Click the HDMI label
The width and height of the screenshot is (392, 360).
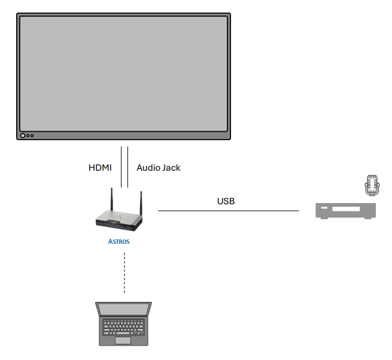(x=100, y=168)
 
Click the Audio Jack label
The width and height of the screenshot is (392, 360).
(x=158, y=168)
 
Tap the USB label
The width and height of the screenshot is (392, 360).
(x=226, y=201)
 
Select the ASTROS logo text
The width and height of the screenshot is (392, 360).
(x=118, y=241)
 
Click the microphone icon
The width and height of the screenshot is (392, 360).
(x=372, y=185)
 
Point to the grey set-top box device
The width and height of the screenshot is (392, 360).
(x=346, y=211)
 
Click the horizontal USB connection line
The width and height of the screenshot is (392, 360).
(x=228, y=211)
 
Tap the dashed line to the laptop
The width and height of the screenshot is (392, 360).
(x=124, y=273)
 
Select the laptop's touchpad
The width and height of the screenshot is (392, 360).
(x=123, y=340)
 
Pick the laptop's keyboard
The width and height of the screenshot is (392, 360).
(x=123, y=327)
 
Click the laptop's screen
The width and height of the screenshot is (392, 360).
(x=123, y=309)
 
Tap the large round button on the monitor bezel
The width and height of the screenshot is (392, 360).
(x=23, y=135)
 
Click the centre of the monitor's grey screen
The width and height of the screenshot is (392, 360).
(x=123, y=74)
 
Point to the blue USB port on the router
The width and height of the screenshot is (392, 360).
(x=126, y=227)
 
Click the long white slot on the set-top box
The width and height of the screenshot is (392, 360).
(x=346, y=208)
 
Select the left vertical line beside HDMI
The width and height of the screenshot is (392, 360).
(x=121, y=167)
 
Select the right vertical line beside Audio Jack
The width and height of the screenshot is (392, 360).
(x=127, y=167)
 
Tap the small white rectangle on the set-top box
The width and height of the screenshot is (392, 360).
(x=324, y=208)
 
